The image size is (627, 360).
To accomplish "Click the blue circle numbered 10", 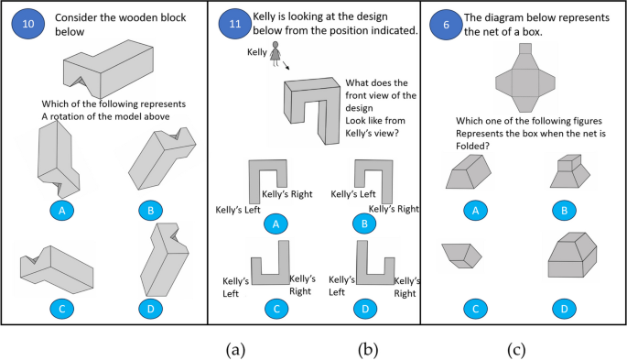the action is [28, 24].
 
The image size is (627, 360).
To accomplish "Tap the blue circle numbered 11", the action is [235, 24].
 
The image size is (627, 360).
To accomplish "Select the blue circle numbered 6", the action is [447, 25].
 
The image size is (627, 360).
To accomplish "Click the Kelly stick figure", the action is [276, 53].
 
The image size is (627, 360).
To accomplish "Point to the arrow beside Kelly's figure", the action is [286, 66].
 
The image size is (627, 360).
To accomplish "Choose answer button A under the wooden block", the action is [62, 211].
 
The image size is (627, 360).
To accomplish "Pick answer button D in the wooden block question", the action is [151, 309].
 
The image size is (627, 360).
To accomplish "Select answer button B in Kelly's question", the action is [364, 224].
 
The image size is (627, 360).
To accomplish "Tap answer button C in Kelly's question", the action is [276, 309].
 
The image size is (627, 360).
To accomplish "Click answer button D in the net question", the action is [564, 309].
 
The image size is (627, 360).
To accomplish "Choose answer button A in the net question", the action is [475, 211].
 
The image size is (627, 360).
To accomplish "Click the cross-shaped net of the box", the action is [525, 78].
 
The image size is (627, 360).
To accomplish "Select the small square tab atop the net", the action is [525, 49].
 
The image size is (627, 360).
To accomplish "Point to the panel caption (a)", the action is [235, 350].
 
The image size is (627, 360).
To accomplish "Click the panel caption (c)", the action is [516, 350].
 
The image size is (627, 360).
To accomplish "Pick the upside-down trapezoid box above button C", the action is [462, 256].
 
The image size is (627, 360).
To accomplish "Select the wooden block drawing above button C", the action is [57, 267].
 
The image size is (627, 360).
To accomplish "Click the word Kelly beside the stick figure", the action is [256, 52].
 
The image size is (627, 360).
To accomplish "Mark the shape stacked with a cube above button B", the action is [570, 171].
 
